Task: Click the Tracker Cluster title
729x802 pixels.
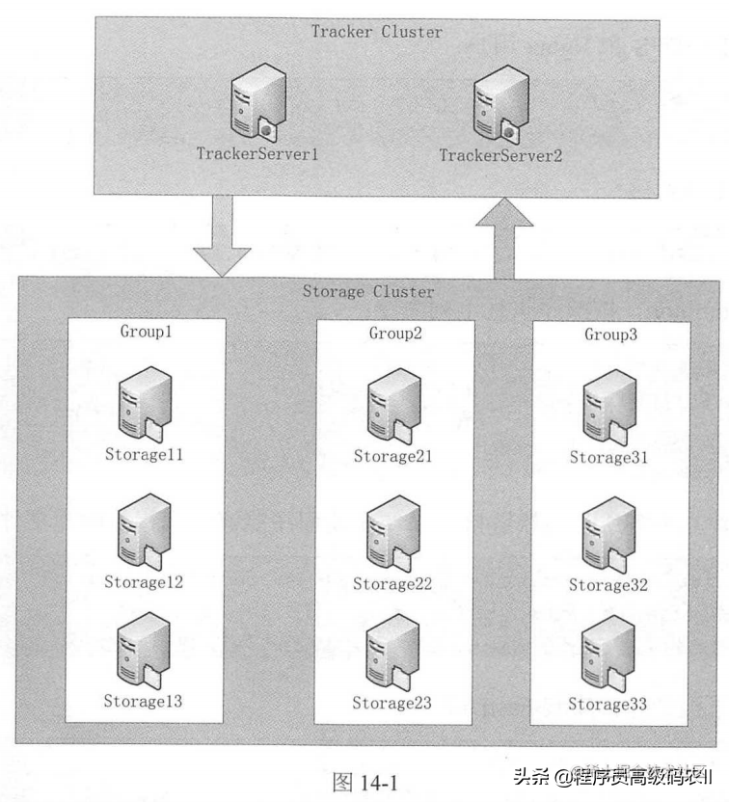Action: pyautogui.click(x=376, y=32)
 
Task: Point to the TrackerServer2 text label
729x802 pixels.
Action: pyautogui.click(x=499, y=154)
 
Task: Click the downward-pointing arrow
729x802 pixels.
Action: pyautogui.click(x=222, y=236)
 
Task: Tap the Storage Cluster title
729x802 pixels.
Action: pyautogui.click(x=368, y=292)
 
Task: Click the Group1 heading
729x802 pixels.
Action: pyautogui.click(x=145, y=333)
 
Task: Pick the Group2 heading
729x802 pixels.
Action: pyautogui.click(x=395, y=334)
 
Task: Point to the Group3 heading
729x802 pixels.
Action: pyautogui.click(x=611, y=334)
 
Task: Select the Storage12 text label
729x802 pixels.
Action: pyautogui.click(x=144, y=582)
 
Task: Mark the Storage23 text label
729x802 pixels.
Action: pyautogui.click(x=394, y=704)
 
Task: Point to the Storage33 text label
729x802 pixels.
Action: pyautogui.click(x=610, y=705)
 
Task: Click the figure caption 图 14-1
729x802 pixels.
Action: pyautogui.click(x=364, y=780)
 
